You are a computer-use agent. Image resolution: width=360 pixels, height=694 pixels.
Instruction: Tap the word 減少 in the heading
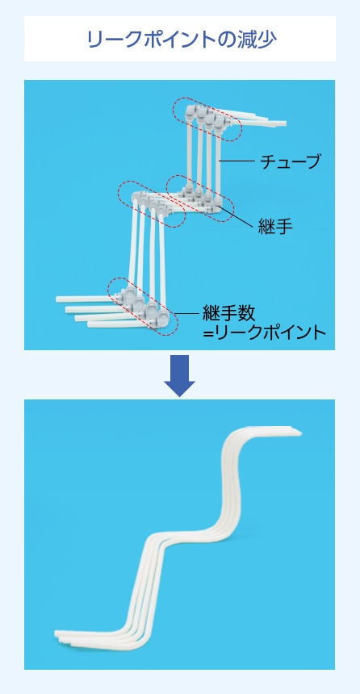258,40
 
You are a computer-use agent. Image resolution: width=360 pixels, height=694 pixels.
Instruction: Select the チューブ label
290,161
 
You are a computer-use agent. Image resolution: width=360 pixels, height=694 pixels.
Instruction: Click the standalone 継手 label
275,227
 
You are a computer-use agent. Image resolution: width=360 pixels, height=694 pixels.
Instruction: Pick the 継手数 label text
228,313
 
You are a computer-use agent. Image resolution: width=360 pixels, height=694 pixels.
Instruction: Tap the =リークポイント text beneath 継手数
264,332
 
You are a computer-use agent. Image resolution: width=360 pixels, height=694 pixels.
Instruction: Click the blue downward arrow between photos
179,375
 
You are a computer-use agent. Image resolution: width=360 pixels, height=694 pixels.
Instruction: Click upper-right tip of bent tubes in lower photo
300,433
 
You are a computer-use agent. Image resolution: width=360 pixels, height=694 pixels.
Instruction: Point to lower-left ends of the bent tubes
57,635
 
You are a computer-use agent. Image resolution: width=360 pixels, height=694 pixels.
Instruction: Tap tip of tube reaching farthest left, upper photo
57,299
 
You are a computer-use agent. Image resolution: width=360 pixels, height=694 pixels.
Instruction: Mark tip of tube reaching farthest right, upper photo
286,123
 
